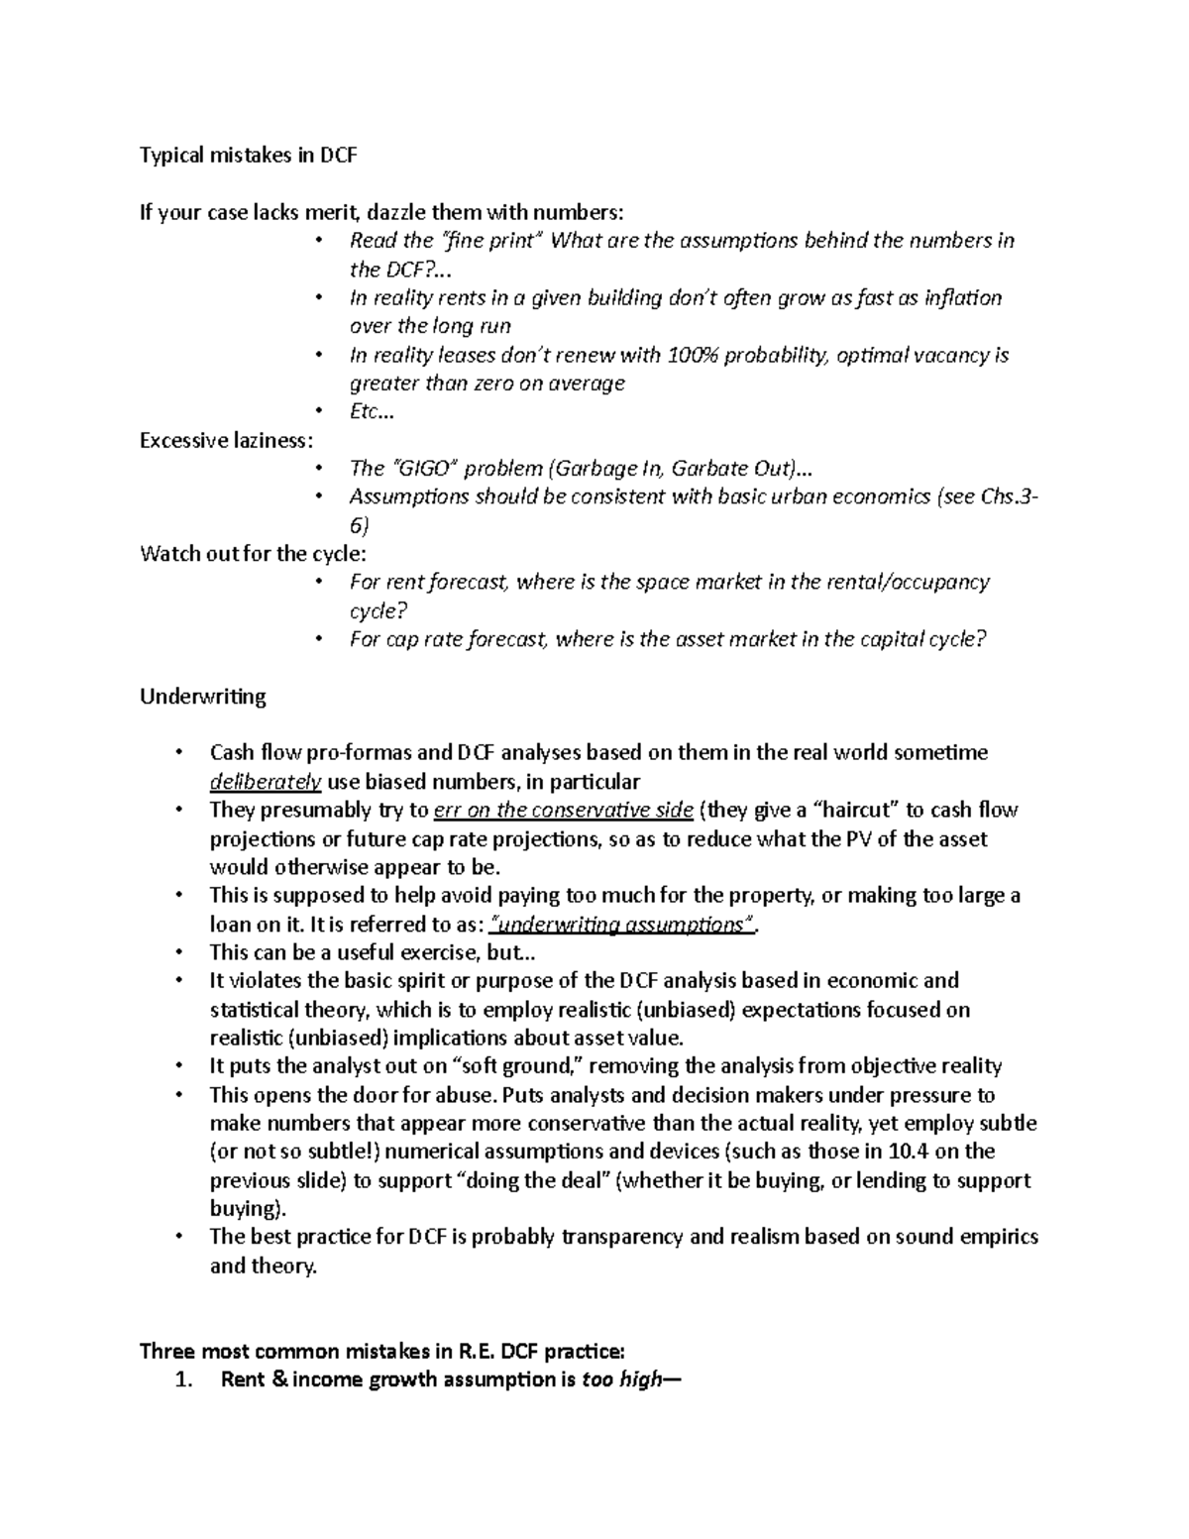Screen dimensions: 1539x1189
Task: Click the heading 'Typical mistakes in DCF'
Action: [x=248, y=156]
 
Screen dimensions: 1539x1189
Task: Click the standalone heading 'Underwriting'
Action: [x=203, y=697]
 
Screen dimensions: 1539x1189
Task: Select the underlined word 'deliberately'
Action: [x=265, y=782]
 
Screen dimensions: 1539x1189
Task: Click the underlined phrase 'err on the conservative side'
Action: [x=564, y=811]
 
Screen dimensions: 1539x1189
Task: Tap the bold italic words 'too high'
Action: [x=620, y=1379]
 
